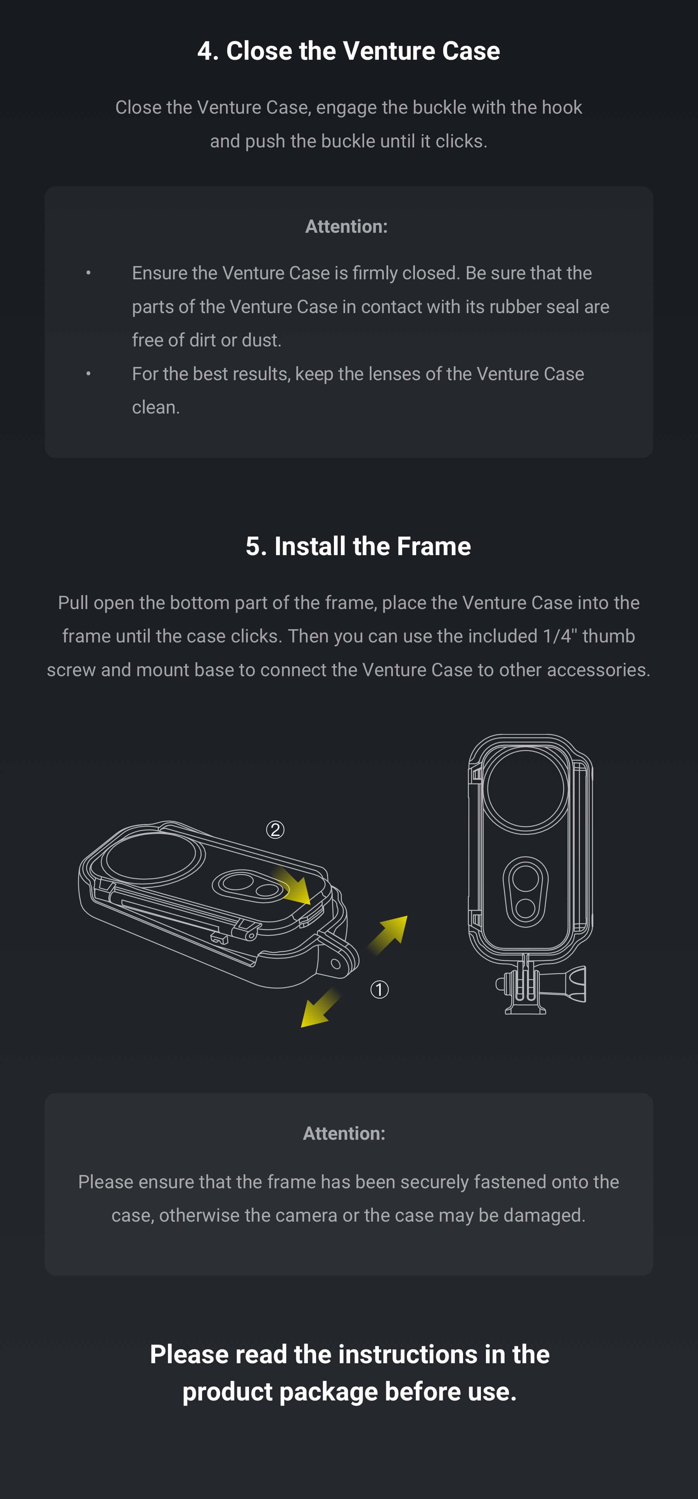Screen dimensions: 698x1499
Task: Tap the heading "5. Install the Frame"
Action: [x=358, y=546]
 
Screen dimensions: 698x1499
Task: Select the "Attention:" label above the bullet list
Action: [x=347, y=227]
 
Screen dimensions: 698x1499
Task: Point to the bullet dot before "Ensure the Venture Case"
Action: [x=88, y=273]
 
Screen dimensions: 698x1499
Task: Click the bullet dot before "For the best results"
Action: [x=88, y=374]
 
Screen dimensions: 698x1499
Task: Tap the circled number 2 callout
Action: [x=275, y=829]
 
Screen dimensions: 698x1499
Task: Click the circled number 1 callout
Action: [x=379, y=989]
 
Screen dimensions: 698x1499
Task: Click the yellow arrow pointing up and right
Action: [x=387, y=935]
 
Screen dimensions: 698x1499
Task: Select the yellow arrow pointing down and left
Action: [x=320, y=1007]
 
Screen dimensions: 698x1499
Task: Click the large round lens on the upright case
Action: [x=525, y=788]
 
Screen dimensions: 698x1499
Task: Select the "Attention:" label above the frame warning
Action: [x=344, y=1133]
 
